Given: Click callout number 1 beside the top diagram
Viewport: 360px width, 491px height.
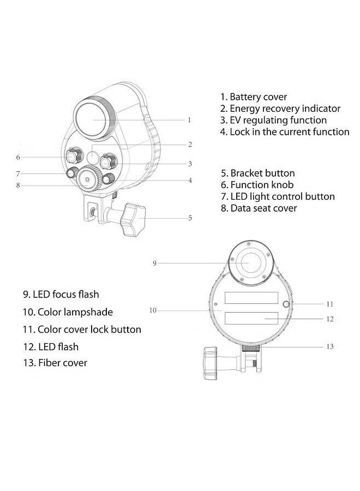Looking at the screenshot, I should (189, 119).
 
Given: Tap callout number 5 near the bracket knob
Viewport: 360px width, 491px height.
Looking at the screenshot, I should (190, 218).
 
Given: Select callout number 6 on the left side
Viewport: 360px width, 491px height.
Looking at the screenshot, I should (18, 157).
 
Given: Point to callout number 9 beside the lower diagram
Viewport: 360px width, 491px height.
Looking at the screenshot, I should (154, 263).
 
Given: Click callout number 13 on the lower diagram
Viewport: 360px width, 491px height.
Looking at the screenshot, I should (329, 346).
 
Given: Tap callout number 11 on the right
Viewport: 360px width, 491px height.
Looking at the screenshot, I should (329, 304).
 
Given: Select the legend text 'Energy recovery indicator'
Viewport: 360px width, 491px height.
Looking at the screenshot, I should (280, 109).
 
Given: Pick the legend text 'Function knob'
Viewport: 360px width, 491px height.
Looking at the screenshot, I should (257, 185).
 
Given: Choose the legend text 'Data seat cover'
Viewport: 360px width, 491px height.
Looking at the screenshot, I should (259, 208).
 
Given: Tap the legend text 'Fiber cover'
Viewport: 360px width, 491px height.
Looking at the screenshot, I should (55, 363).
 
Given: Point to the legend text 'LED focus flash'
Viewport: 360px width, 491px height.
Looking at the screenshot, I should (61, 295).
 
